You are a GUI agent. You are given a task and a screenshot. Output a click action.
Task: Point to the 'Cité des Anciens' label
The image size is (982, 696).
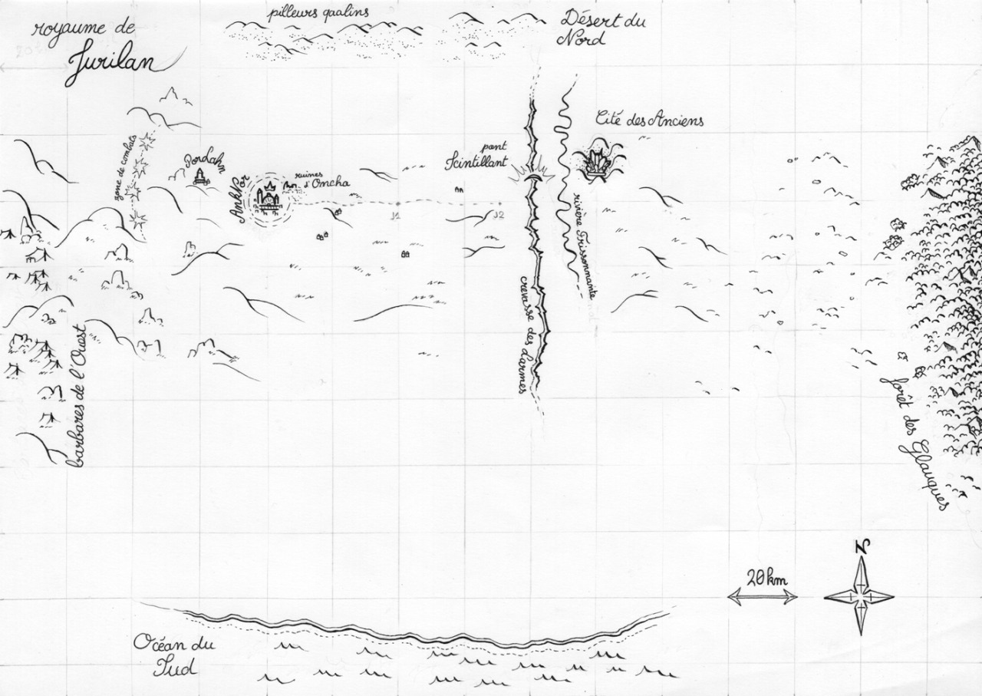click(650, 120)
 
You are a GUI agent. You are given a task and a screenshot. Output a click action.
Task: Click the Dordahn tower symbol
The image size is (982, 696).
click(201, 178)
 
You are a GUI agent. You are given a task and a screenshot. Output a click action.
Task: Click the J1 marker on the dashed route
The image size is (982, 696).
click(396, 216)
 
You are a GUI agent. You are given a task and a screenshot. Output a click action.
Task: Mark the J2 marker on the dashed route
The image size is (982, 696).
click(499, 215)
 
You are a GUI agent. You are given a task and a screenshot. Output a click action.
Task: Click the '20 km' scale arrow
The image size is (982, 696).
click(763, 595)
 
